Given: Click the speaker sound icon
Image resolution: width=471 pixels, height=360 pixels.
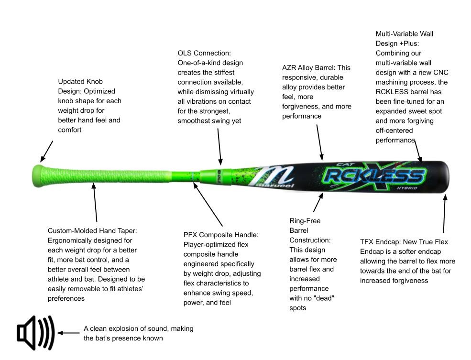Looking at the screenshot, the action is tap(36, 333).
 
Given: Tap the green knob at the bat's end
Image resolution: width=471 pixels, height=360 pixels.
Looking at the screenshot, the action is tap(37, 176).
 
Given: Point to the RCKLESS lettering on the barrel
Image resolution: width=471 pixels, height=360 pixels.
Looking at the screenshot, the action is tap(375, 176).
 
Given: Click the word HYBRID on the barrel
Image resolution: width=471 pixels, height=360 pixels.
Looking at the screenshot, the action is tap(407, 188).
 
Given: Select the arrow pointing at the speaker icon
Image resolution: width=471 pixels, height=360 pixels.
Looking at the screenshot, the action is tap(68, 333).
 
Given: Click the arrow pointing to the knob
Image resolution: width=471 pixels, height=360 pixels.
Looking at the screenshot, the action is tap(47, 152).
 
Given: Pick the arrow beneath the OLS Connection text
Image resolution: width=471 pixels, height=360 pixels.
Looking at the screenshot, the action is tap(219, 147).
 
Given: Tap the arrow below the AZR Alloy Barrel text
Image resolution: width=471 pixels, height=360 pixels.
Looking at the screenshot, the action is tap(319, 142).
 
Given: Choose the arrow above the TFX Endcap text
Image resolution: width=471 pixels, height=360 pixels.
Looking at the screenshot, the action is tap(445, 214).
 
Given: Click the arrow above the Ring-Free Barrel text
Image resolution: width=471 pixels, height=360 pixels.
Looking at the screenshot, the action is tap(318, 202).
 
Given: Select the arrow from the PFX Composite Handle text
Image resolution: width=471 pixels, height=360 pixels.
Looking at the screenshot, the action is tap(208, 204).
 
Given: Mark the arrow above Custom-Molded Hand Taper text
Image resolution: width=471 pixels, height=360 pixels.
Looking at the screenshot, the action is tap(95, 203).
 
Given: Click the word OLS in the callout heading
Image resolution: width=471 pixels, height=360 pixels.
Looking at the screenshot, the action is tap(185, 53).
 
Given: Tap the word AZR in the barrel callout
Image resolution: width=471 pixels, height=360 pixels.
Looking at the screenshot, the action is tap(289, 68).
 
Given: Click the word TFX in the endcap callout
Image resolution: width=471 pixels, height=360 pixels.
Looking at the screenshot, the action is tap(366, 242).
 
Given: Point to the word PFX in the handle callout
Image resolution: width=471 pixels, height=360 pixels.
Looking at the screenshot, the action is tap(190, 235).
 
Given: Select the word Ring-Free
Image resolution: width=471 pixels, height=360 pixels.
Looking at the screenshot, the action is tap(305, 221).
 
